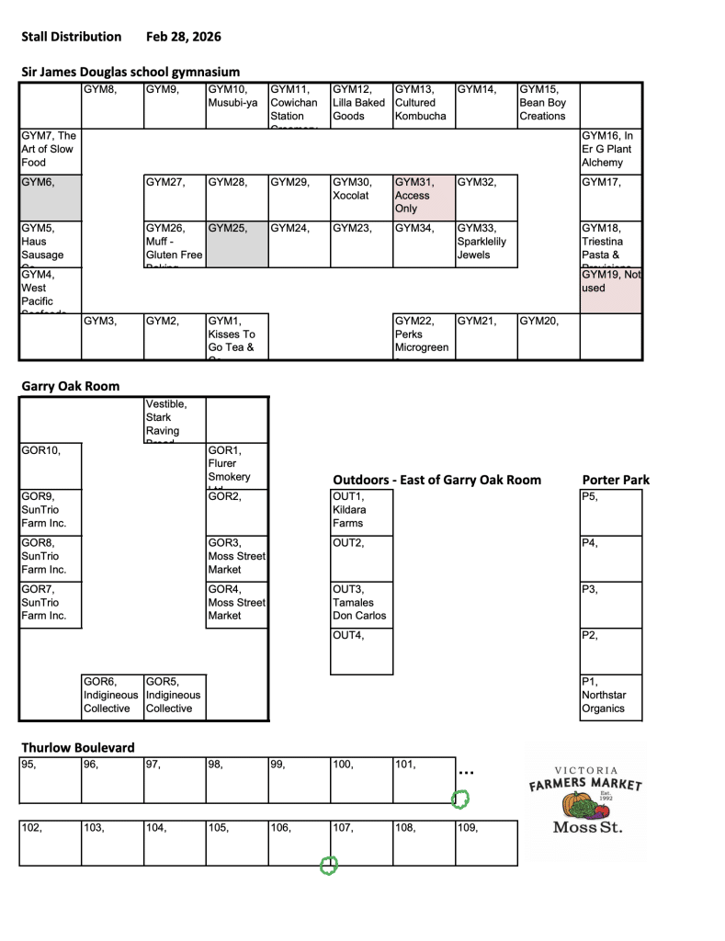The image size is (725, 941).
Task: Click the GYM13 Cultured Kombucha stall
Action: tap(423, 104)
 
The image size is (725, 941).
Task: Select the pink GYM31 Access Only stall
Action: tap(423, 196)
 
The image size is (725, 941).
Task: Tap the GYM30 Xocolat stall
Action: tap(360, 196)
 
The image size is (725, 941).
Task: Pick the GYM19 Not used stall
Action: tap(610, 289)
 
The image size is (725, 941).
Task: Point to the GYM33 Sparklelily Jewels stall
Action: tap(485, 244)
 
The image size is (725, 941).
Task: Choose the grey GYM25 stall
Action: tap(236, 244)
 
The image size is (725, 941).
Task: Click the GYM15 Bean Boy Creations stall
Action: tap(548, 104)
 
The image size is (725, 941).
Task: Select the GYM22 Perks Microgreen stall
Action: tap(423, 335)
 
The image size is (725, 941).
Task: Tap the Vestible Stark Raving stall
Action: tap(174, 419)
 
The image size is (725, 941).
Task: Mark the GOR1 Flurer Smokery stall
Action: tap(236, 466)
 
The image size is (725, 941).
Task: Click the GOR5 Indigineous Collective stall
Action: tap(174, 696)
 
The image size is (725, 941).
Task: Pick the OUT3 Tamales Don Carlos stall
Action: tap(361, 604)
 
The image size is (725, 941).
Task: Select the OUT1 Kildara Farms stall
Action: tap(361, 512)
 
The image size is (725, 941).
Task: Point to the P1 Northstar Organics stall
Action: tap(611, 696)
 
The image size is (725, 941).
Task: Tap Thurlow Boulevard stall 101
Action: tap(423, 779)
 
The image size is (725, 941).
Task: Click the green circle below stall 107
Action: tap(328, 865)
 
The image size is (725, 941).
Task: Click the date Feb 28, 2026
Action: tap(183, 37)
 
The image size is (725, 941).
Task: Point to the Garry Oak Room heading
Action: tap(71, 386)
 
